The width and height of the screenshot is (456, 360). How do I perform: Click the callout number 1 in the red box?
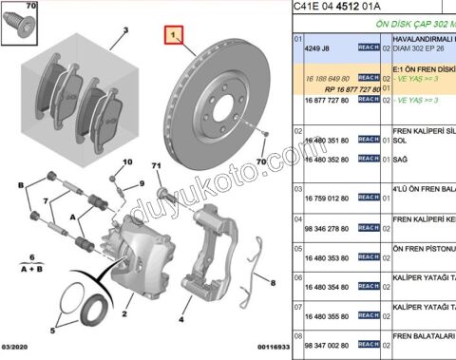(173, 36)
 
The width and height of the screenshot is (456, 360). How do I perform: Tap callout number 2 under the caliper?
(123, 311)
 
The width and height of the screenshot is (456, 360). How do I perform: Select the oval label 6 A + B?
(31, 262)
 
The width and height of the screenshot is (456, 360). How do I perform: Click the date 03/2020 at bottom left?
(20, 350)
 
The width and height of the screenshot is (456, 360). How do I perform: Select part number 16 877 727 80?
(326, 99)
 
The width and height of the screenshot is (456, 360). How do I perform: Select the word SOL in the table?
(399, 140)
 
